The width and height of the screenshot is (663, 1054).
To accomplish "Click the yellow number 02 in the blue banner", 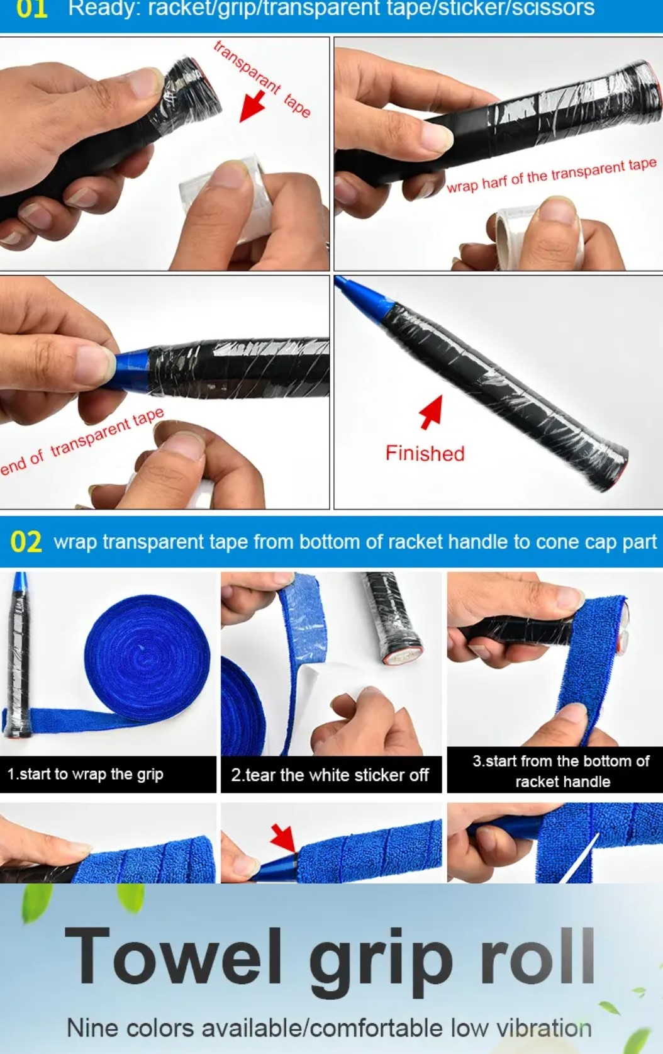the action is [x=26, y=542].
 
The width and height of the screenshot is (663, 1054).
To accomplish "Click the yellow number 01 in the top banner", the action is [x=31, y=8].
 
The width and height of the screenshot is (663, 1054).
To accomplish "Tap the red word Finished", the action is [x=425, y=453].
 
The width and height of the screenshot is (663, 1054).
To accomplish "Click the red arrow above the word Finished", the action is [x=432, y=412].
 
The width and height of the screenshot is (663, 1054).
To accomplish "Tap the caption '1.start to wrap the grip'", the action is [x=85, y=774].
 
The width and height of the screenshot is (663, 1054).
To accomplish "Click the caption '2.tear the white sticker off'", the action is [x=330, y=775].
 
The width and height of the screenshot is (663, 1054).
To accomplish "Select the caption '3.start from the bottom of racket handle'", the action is [x=562, y=771].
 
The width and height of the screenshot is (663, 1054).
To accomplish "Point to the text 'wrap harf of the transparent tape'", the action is [x=551, y=176].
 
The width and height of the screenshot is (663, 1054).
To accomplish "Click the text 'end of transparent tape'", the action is [x=82, y=440].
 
